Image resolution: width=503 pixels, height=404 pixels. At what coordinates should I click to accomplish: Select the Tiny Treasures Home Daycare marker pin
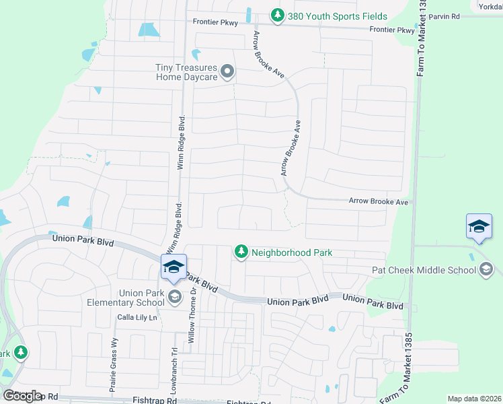coord(228,71)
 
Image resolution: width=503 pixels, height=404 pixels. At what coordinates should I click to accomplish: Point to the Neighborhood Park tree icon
coord(241,252)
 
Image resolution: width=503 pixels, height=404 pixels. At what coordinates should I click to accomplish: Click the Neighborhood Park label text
coord(292,252)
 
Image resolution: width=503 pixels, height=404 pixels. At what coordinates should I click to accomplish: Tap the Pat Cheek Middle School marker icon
coord(486,270)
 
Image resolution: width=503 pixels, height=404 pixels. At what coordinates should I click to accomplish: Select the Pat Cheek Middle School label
coord(424,270)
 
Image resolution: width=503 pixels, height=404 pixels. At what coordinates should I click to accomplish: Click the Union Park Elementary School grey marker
coord(175,297)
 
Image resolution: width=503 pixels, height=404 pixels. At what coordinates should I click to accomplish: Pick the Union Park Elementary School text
coord(141,298)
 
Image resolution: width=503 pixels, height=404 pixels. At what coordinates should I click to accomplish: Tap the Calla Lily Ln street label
coord(137,317)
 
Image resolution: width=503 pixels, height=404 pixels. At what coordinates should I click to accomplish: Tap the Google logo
coord(22,395)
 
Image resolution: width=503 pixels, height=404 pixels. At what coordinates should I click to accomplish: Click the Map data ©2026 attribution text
coord(474,399)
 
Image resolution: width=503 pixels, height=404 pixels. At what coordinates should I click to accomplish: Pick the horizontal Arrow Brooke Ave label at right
coord(379,201)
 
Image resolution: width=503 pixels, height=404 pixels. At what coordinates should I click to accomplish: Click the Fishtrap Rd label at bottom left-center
coord(155,400)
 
